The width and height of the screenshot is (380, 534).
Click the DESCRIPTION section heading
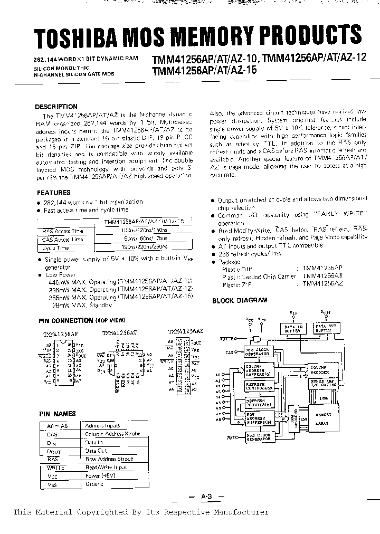pyautogui.click(x=56, y=106)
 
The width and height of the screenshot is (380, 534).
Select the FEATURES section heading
pyautogui.click(x=53, y=193)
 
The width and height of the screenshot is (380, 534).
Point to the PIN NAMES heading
pyautogui.click(x=58, y=414)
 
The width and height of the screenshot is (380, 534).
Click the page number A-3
pyautogui.click(x=206, y=496)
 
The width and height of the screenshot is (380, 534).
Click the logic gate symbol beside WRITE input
pyautogui.click(x=257, y=339)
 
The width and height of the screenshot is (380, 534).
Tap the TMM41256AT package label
pyautogui.click(x=119, y=333)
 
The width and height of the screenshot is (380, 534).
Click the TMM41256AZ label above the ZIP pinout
pyautogui.click(x=183, y=331)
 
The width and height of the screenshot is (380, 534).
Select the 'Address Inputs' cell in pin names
pyautogui.click(x=103, y=425)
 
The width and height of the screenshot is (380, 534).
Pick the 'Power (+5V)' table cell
pyautogui.click(x=100, y=475)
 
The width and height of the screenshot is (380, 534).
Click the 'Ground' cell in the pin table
pyautogui.click(x=95, y=484)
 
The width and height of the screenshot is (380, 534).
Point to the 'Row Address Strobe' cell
pyautogui.click(x=109, y=459)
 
